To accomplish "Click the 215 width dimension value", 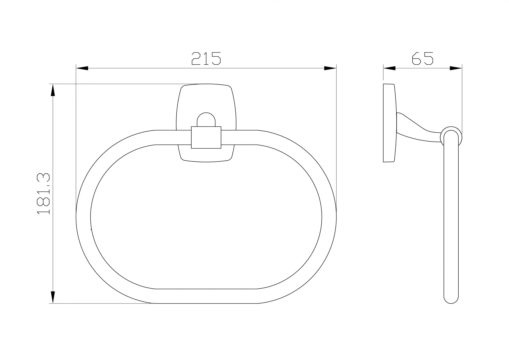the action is [206, 59].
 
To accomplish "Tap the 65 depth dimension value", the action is [422, 59].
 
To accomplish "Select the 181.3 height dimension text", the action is [44, 194].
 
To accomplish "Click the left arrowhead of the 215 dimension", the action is [82, 68].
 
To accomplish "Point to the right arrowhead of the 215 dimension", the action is [330, 68].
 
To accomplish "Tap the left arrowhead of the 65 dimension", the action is [389, 68].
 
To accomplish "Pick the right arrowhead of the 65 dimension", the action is [456, 68].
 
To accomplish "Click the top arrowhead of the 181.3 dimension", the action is [53, 90].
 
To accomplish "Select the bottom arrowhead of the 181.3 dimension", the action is [53, 297].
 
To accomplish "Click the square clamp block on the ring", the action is [206, 137].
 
